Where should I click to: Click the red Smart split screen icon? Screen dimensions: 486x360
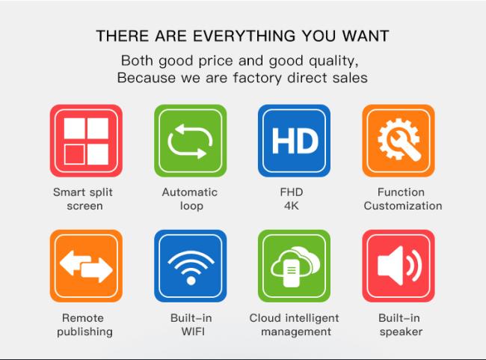pos(86,141)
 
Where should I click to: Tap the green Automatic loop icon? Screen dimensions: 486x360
pos(191,141)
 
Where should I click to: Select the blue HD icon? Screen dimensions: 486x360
pos(294,141)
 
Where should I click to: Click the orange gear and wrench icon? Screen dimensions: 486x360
pos(399,141)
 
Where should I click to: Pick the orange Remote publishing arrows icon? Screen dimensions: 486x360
pos(86,266)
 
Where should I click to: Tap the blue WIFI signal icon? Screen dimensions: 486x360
pos(191,266)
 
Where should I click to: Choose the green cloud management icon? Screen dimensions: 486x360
pos(294,266)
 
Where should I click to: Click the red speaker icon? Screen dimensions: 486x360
pos(399,266)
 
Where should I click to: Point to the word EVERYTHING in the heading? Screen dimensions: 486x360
pos(244,36)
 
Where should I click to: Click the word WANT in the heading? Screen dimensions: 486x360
pos(366,36)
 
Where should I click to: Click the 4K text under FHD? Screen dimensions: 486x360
pos(292,206)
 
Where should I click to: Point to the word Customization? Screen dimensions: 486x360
pos(403,206)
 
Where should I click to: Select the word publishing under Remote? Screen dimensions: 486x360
pos(84,332)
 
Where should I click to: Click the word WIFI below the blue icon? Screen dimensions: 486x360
pos(193,332)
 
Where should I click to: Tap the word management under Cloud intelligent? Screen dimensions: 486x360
pos(296,332)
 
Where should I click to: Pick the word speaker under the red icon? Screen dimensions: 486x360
pos(401,332)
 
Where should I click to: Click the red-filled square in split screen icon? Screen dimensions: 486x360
pos(74,154)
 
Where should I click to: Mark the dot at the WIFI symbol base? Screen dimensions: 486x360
pos(191,281)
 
